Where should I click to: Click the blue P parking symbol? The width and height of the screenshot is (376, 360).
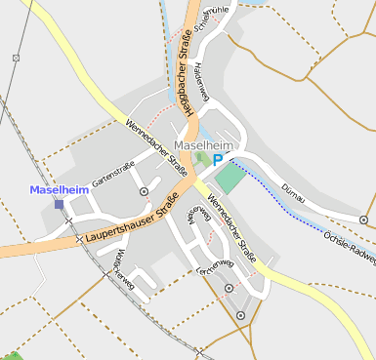[x=218, y=160]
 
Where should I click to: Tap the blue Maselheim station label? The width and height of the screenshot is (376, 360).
[x=59, y=189]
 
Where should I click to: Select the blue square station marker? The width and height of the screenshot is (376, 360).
[x=59, y=204]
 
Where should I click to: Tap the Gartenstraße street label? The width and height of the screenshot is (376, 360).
[x=113, y=174]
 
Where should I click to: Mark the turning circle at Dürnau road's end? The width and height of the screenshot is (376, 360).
[x=364, y=220]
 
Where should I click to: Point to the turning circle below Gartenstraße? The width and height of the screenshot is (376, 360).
[x=145, y=192]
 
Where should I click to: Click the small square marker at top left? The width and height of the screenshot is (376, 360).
[x=16, y=59]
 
